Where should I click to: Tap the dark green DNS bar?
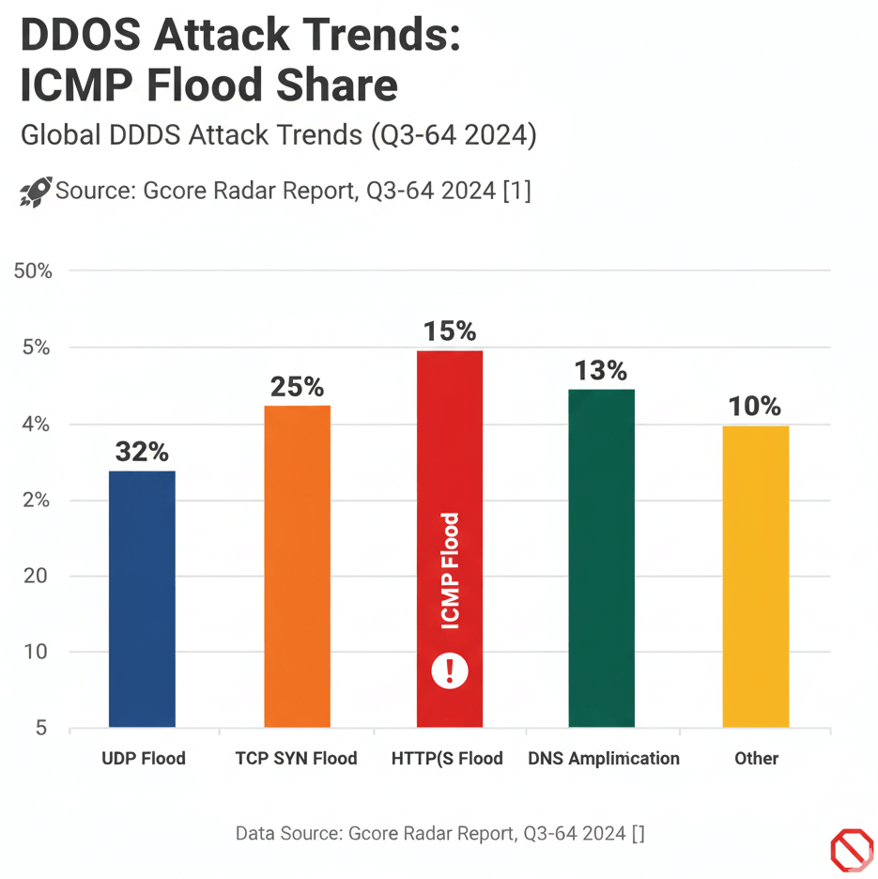point(602,558)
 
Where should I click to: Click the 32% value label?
point(142,452)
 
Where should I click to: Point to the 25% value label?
point(297,386)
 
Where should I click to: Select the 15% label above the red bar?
point(450,332)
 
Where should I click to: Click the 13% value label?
point(601,371)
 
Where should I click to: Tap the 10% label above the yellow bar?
point(755,407)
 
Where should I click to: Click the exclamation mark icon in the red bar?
point(450,671)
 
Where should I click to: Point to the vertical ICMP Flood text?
point(451,571)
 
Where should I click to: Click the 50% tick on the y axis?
point(33,271)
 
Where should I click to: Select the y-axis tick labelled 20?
point(36,576)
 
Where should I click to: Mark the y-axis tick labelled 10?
point(36,652)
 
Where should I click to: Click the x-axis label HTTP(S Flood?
point(447,759)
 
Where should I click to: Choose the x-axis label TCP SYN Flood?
point(296,759)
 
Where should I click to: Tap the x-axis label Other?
point(757,759)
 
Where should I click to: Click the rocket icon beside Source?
point(36,192)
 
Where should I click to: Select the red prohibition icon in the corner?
point(852,850)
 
